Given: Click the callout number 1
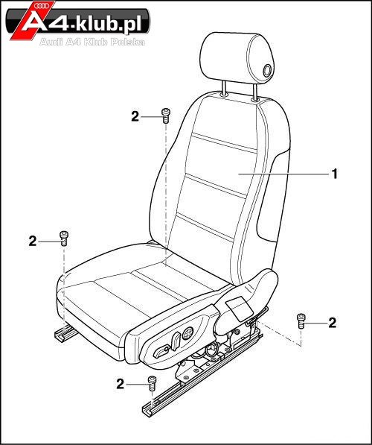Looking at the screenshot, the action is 335,174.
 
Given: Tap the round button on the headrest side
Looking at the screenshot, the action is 267,70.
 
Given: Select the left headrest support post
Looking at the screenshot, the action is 224,87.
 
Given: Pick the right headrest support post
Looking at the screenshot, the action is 254,91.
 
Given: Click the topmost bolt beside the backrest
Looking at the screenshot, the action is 165,116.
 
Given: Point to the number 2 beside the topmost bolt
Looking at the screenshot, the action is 135,116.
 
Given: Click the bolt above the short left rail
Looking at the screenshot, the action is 64,239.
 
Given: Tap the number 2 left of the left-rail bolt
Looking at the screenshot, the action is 33,242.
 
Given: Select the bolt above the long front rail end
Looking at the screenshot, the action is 152,383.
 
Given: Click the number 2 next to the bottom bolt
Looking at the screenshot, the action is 121,385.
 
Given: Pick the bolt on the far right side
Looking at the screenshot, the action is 301,321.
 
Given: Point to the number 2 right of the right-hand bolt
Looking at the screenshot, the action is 332,323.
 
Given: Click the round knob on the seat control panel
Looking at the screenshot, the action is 187,332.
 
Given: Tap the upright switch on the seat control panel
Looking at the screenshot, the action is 176,340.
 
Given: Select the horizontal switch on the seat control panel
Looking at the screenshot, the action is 161,352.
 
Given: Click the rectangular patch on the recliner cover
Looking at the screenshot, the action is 239,309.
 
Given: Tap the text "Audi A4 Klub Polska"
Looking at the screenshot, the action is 92,42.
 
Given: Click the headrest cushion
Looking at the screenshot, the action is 237,58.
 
